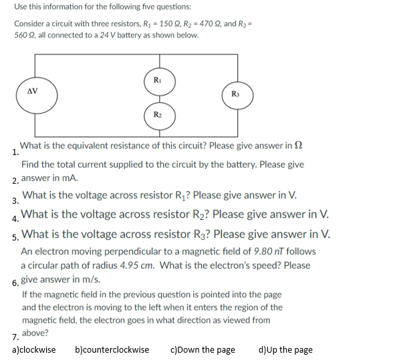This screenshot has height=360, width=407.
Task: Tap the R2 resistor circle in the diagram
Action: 158,114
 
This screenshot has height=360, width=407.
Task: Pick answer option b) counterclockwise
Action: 112,349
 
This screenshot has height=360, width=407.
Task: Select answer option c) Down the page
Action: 203,349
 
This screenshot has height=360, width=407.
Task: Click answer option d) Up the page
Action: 285,349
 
